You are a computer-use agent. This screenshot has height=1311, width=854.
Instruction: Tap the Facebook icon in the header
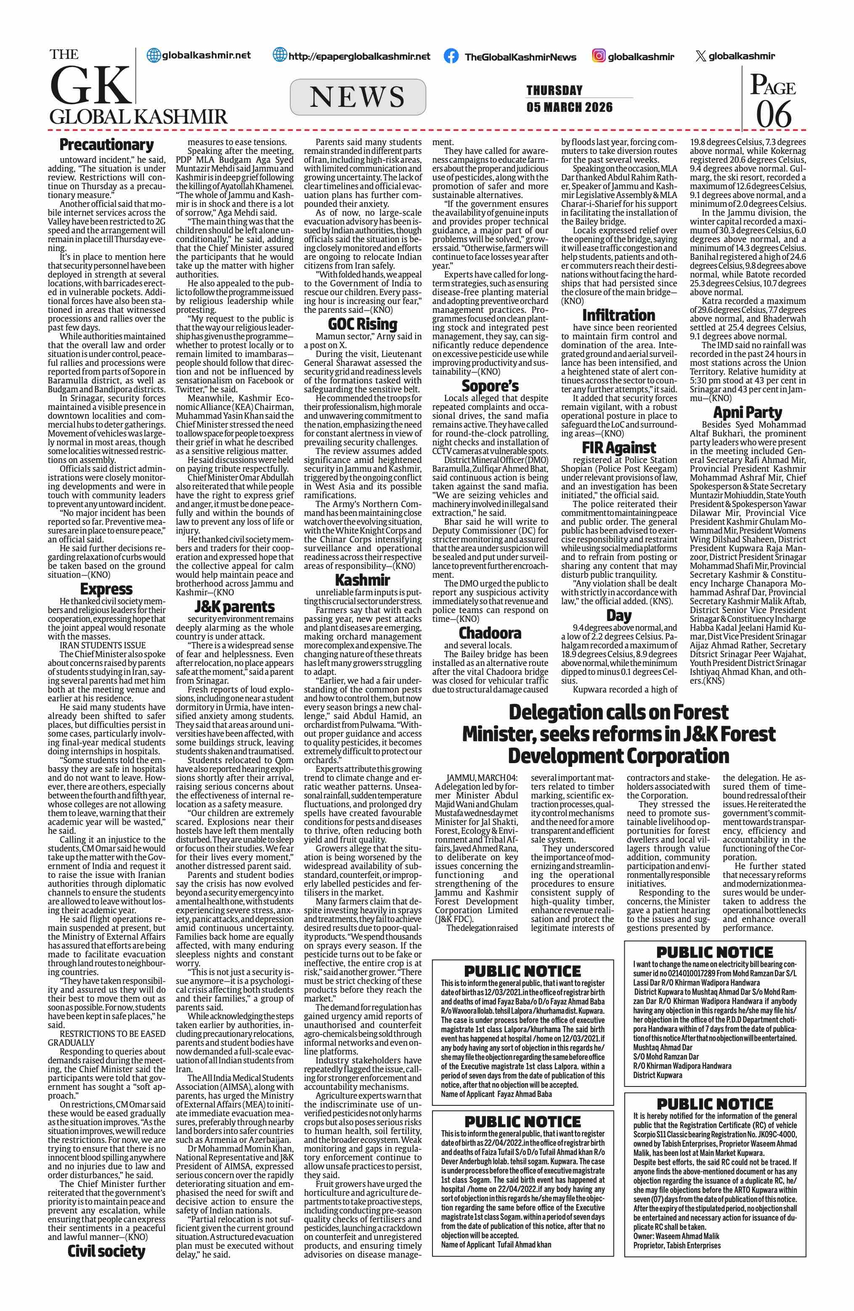click(x=451, y=56)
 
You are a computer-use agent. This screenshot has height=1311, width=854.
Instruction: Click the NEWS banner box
click(x=358, y=97)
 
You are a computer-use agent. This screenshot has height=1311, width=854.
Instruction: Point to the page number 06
click(x=774, y=114)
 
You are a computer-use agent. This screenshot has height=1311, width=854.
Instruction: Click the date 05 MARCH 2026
click(x=569, y=107)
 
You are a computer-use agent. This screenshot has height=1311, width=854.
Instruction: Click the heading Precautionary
click(x=106, y=145)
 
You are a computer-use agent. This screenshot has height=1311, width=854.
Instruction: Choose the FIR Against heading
click(x=619, y=447)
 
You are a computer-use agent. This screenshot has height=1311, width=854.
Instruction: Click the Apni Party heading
click(x=747, y=412)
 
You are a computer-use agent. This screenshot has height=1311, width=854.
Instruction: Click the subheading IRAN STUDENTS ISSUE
click(x=103, y=645)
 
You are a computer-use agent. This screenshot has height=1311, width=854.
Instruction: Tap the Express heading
click(x=106, y=589)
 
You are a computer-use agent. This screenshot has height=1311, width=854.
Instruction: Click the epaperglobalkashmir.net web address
click(x=359, y=56)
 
